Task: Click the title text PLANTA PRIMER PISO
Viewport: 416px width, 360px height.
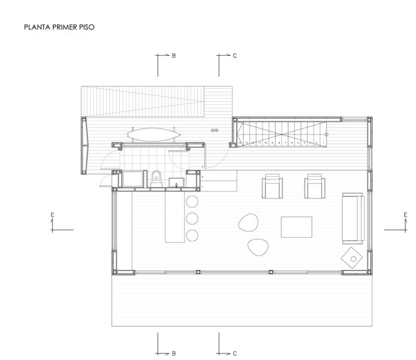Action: point(59,27)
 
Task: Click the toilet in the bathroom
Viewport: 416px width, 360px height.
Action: point(156,177)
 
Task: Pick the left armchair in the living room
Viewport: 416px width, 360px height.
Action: point(273,187)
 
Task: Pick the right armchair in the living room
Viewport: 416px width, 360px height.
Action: point(315,187)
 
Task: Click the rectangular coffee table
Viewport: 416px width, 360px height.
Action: point(297,227)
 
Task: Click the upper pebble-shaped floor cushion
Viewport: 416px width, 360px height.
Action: point(247,224)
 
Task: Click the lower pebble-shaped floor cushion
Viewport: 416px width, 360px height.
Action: point(258,246)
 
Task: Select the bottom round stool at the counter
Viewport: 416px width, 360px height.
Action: point(192,234)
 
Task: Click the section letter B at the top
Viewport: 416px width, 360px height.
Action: point(174,56)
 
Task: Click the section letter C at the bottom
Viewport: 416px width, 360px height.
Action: point(234,353)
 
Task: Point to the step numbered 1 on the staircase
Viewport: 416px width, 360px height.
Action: point(323,143)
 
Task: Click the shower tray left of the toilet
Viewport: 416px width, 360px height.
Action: point(133,178)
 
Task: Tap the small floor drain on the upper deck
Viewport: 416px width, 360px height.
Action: point(215,130)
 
